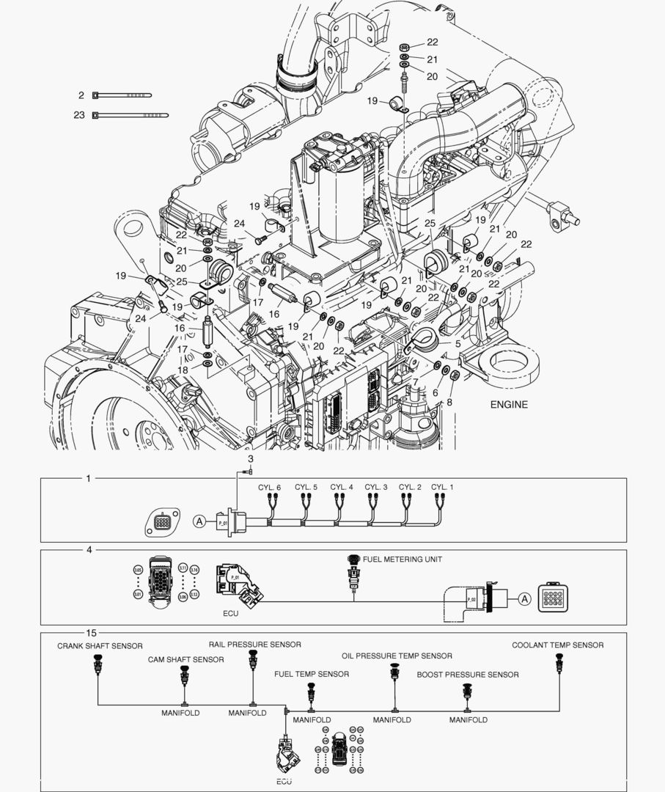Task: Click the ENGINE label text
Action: tap(509, 404)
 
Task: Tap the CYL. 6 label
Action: tap(269, 487)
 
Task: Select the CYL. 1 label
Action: tap(442, 487)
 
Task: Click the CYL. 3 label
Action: tap(376, 487)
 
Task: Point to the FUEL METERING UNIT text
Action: tap(403, 560)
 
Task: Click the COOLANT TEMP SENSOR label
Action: tap(557, 645)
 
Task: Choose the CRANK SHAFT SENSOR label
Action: tap(100, 646)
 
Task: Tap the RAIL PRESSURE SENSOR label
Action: tap(254, 645)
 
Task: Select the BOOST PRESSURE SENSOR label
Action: tap(468, 675)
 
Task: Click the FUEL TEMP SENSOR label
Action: tap(312, 674)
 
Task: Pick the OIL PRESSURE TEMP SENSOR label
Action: tap(397, 656)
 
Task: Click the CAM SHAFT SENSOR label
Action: tap(185, 660)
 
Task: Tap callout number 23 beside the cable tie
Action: tap(79, 115)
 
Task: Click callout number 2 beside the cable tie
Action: tap(81, 95)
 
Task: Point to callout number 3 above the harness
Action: tap(250, 459)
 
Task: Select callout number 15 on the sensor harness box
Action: tap(91, 632)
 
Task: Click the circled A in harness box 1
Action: tap(199, 521)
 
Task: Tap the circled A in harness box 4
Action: tap(524, 598)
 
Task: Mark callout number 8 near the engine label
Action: tap(449, 402)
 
